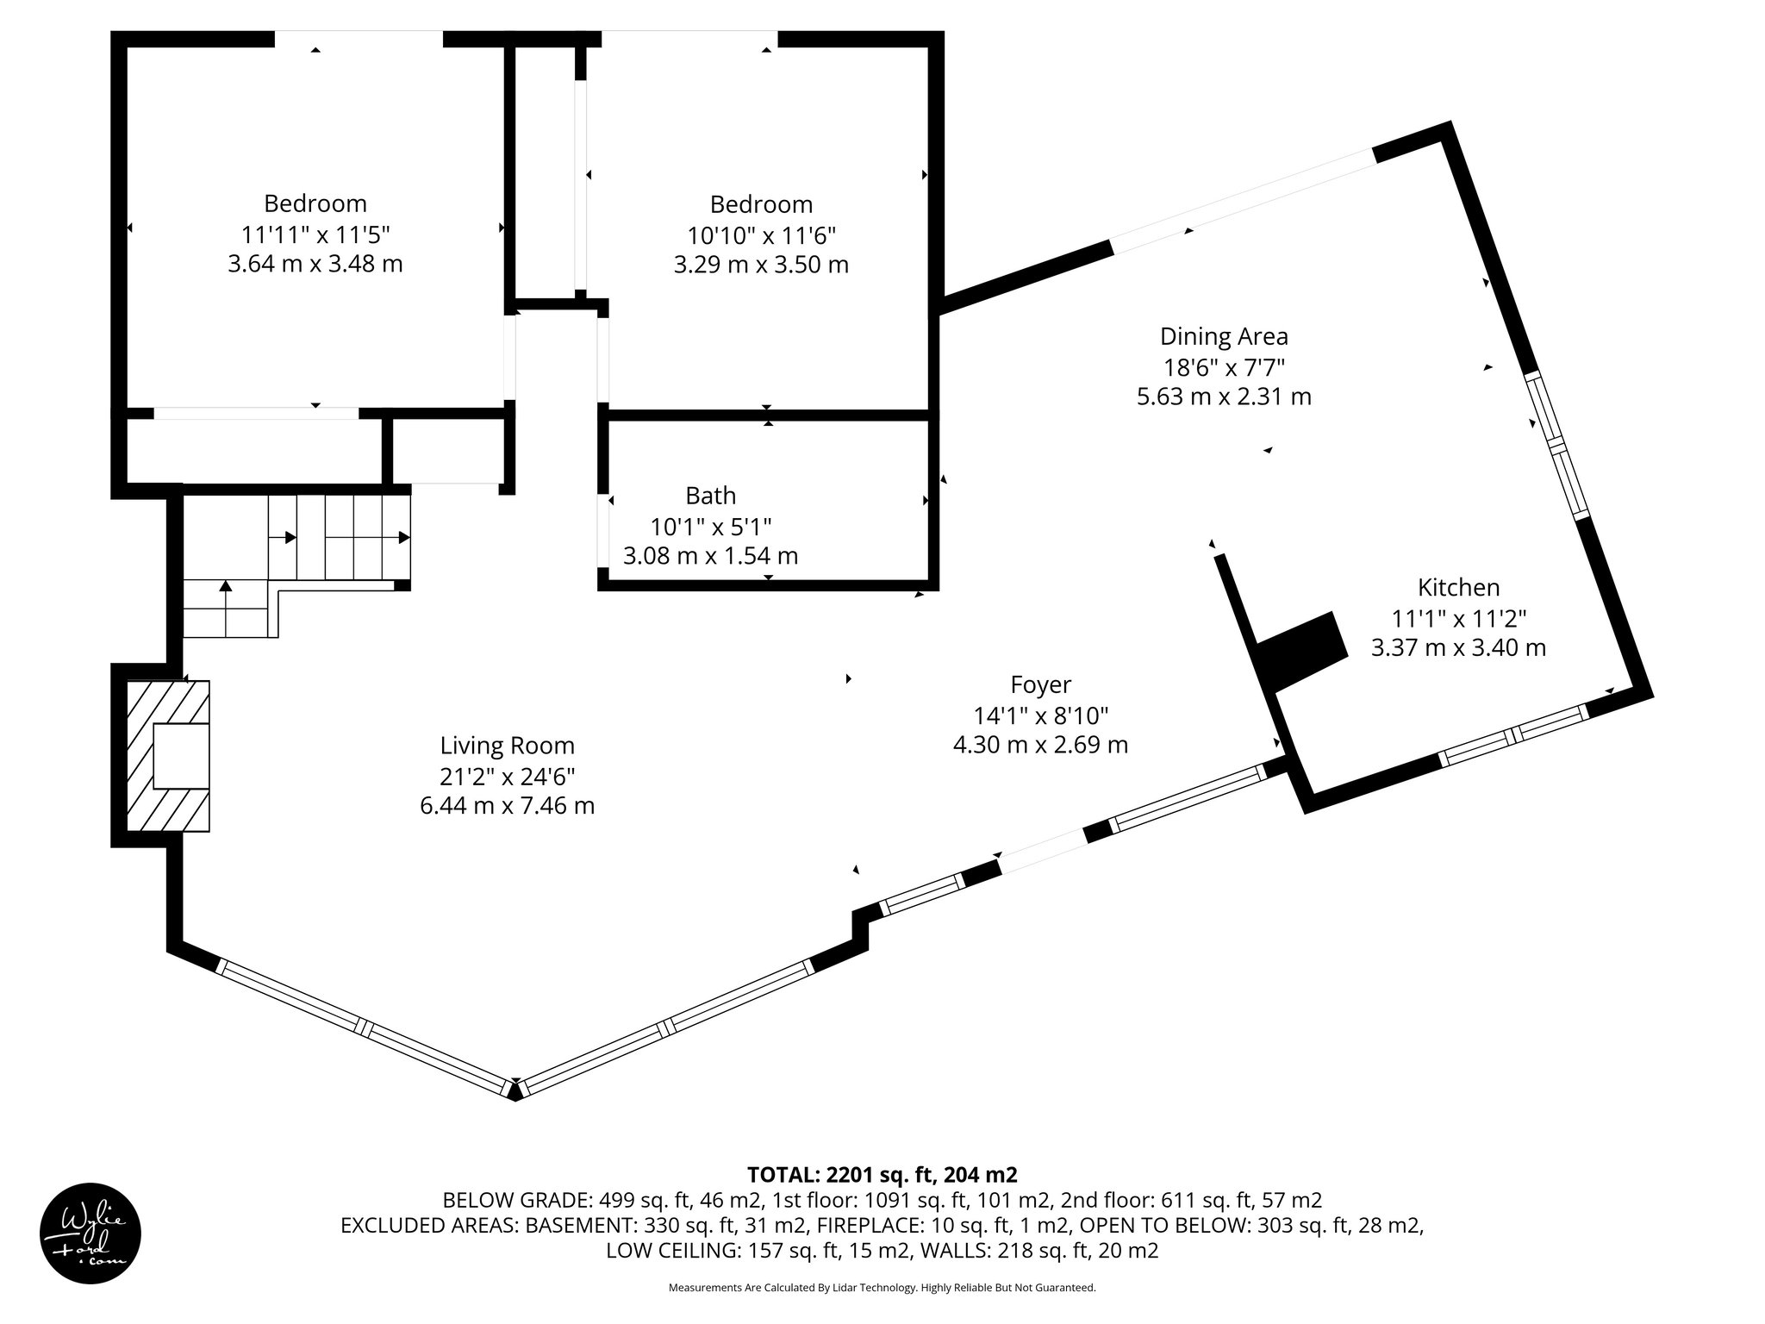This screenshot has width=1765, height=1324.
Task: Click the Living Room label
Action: pos(507,745)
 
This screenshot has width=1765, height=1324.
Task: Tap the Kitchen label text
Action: pos(1458,587)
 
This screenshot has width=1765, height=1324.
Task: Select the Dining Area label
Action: pos(1224,335)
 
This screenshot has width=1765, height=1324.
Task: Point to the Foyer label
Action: pos(1040,684)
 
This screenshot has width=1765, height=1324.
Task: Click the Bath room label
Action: pos(710,495)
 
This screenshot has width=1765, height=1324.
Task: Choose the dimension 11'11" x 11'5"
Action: pos(315,234)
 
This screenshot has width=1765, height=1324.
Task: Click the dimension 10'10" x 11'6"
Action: pos(761,234)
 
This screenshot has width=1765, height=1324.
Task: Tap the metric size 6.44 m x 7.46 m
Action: pos(507,806)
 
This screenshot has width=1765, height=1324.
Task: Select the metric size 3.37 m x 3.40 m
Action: pos(1458,647)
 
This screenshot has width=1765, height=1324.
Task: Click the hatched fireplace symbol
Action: pos(168,756)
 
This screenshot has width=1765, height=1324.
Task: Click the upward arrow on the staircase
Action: pos(226,587)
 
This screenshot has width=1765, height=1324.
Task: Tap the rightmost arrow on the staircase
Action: pos(403,537)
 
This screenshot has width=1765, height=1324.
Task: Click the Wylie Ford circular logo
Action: pos(90,1233)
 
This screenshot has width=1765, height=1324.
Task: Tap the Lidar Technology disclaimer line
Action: pos(882,1288)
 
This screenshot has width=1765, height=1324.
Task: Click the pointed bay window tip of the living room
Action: pos(515,1091)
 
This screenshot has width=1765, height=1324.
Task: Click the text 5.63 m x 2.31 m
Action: pos(1224,397)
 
